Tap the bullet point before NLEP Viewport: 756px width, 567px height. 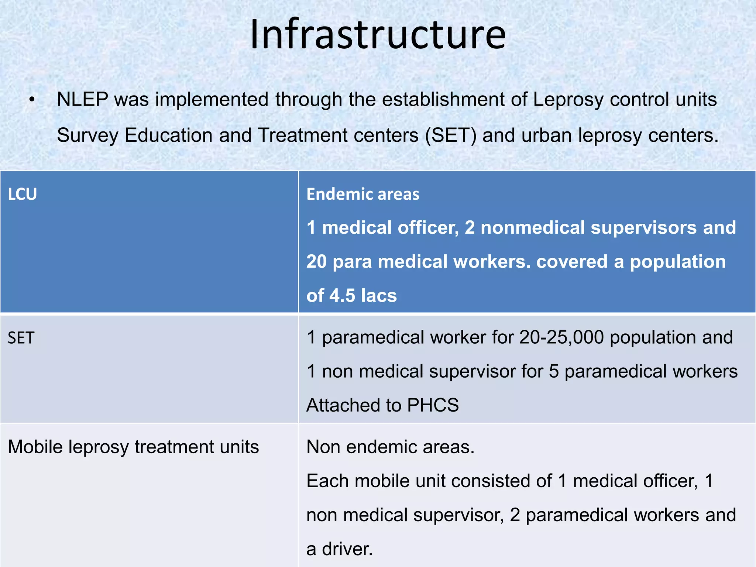tap(32, 100)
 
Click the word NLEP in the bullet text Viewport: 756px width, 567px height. tap(82, 100)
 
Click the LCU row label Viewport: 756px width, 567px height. tap(23, 194)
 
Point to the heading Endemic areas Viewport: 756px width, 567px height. tap(362, 194)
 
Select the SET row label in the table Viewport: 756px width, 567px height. tap(21, 338)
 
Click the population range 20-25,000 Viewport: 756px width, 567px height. tap(561, 337)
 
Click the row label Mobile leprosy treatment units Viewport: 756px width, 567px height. tap(133, 447)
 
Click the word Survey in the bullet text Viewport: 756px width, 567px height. tap(87, 135)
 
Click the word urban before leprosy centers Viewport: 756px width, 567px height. tap(547, 135)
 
